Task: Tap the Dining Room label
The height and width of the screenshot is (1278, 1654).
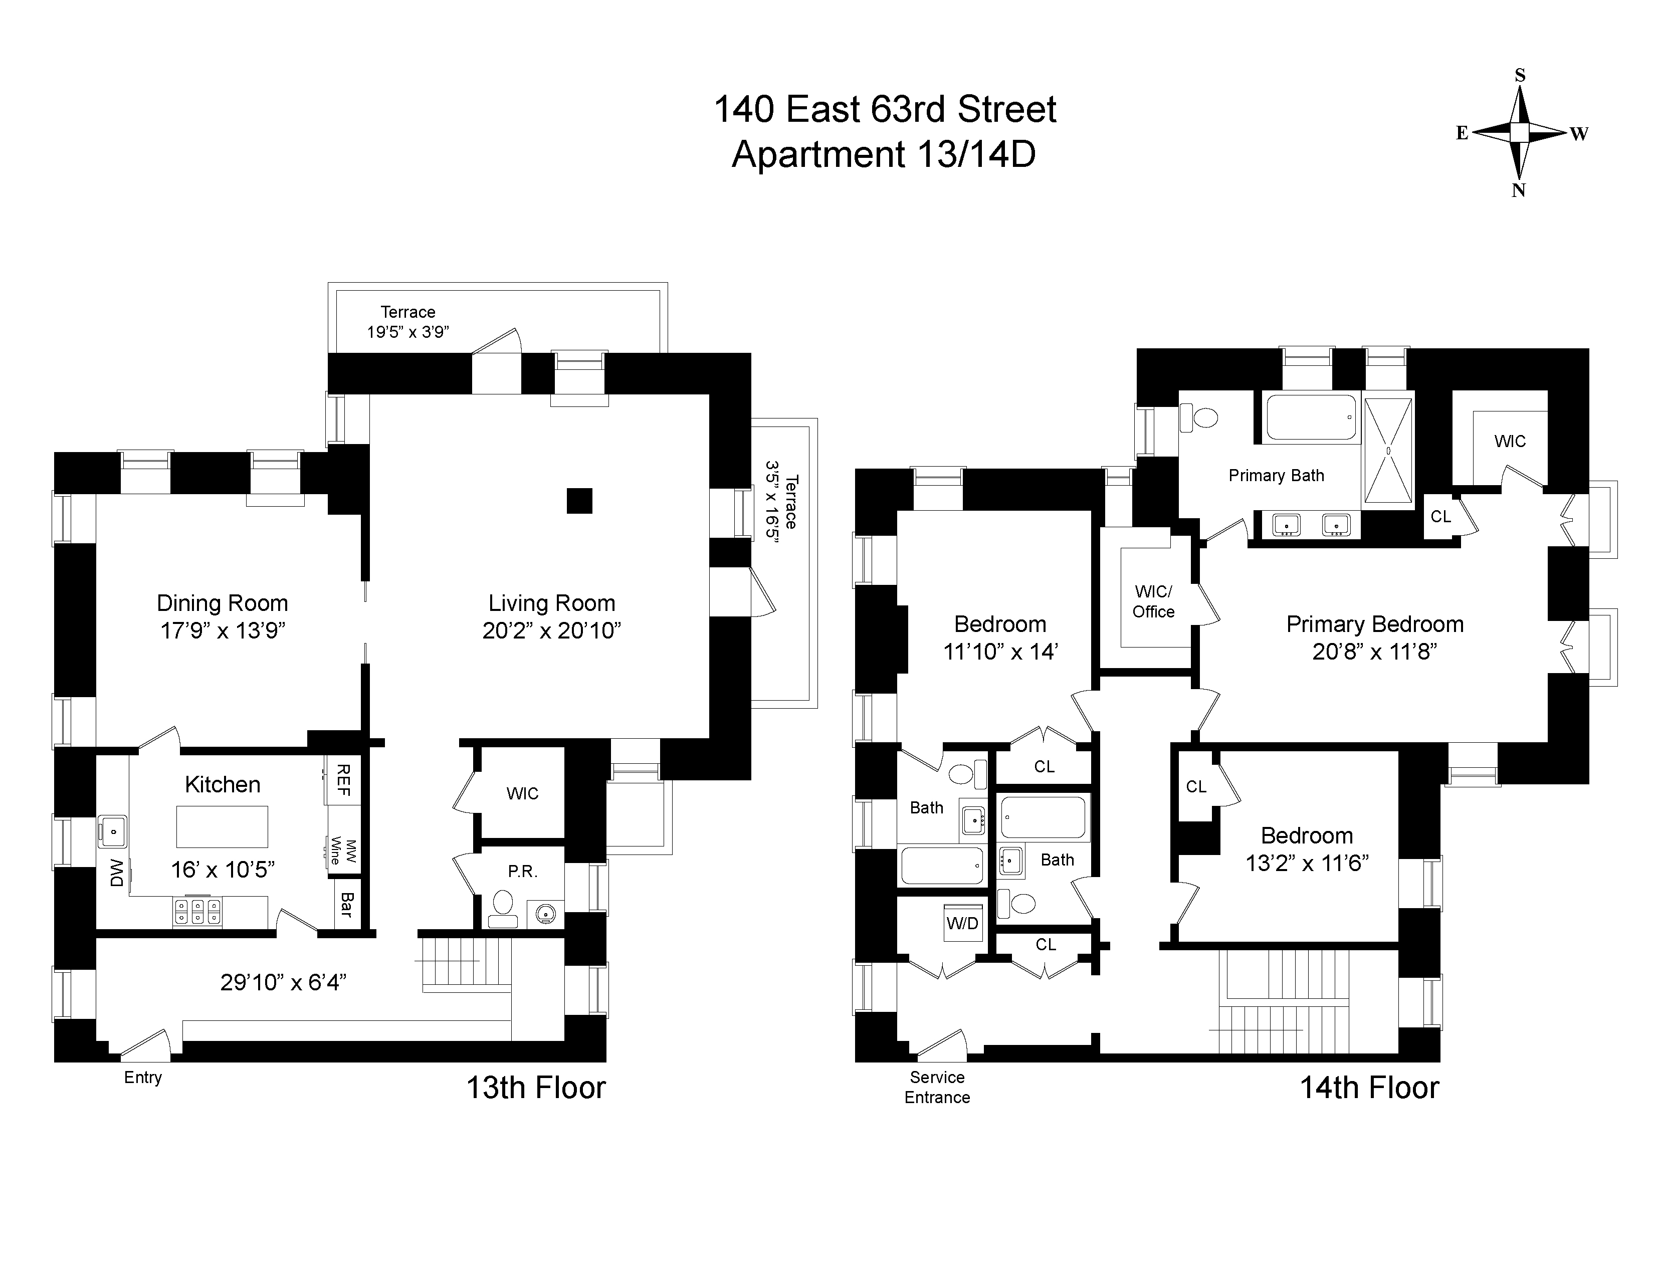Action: click(223, 603)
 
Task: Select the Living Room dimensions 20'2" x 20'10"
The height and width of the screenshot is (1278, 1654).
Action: click(552, 630)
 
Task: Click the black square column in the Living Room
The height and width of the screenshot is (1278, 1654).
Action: click(579, 501)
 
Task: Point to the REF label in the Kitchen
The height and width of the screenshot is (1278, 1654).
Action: click(343, 780)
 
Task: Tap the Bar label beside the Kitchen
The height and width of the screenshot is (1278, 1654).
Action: click(347, 905)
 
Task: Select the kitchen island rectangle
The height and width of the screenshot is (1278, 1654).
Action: click(223, 826)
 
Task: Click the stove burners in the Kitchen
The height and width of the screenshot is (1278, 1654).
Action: click(197, 911)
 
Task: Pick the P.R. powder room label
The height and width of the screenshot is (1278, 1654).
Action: click(523, 872)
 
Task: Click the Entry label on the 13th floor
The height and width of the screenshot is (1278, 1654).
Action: click(143, 1078)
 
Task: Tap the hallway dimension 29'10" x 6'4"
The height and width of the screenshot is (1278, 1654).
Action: click(283, 982)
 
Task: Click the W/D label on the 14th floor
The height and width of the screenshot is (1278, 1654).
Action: click(962, 923)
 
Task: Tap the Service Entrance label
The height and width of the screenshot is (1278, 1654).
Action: click(938, 1087)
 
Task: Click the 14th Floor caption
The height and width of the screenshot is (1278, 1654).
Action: click(1369, 1088)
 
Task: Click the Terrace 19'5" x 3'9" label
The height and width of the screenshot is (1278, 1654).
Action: click(408, 322)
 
